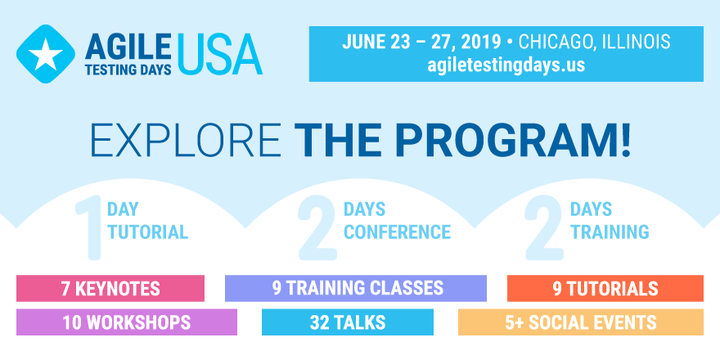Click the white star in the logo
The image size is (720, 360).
click(x=46, y=54)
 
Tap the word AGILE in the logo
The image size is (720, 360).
click(x=128, y=47)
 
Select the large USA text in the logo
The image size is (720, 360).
click(x=220, y=54)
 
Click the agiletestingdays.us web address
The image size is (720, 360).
click(x=506, y=65)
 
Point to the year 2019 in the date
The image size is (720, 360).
click(x=481, y=43)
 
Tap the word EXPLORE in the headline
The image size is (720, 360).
click(x=186, y=140)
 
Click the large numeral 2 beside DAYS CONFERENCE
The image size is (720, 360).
click(x=317, y=227)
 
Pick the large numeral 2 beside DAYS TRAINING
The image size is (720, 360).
click(x=544, y=227)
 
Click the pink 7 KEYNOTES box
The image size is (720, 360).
click(x=110, y=288)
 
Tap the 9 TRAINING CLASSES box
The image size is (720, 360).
click(x=356, y=288)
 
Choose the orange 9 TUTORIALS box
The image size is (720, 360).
click(x=605, y=288)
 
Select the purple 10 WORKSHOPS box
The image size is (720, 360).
click(x=127, y=322)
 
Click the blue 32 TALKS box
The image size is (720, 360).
click(x=348, y=322)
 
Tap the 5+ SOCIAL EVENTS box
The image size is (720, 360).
click(x=581, y=322)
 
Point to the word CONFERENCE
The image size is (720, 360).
click(x=397, y=232)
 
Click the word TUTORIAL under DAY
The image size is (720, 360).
click(x=148, y=232)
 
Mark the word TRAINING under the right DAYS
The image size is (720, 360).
click(x=610, y=232)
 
